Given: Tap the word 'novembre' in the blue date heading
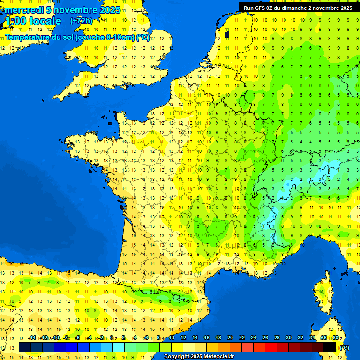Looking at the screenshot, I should tap(75, 10).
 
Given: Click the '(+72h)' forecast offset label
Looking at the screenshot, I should tap(82, 21).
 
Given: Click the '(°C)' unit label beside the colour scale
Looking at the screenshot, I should tap(344, 348).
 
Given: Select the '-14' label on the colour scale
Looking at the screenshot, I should tap(32, 338).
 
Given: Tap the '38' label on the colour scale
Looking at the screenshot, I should tap(336, 338).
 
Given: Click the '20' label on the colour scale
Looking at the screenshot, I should tap(230, 338).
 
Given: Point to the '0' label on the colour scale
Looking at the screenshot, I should tap(112, 338).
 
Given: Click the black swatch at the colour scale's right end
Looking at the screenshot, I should tap(330, 347).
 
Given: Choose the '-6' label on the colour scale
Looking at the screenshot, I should tap(78, 338).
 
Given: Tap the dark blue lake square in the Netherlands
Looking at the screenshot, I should tap(227, 34).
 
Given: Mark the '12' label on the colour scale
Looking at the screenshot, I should tap(183, 338).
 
